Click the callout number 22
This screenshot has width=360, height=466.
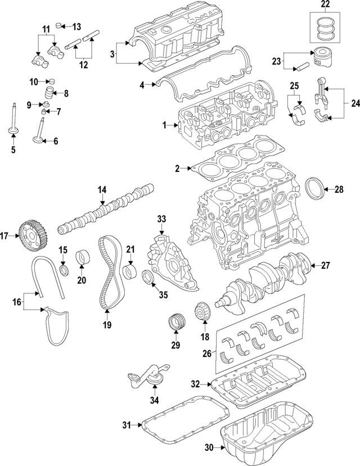coord(326,5)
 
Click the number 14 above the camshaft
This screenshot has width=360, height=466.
coord(102,190)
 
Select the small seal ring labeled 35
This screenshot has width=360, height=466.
coord(150,277)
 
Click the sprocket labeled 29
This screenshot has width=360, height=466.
coord(175,324)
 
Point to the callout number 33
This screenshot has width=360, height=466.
coord(161,218)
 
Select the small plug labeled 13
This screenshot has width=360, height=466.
coord(63,26)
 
